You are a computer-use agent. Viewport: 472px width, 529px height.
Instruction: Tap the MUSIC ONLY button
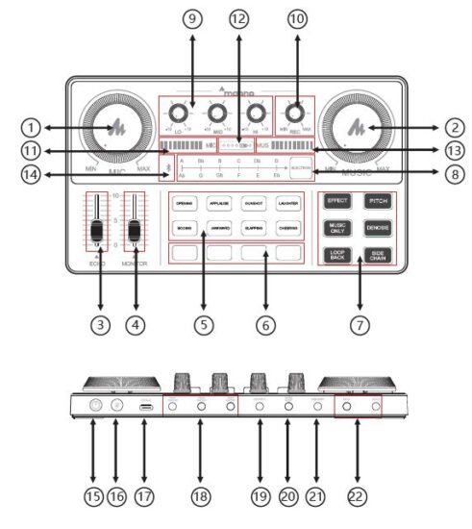point(337,228)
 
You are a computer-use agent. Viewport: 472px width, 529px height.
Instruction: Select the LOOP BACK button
point(337,256)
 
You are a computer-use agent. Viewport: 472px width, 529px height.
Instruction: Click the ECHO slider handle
point(95,232)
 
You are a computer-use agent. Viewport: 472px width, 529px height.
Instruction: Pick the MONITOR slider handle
point(136,232)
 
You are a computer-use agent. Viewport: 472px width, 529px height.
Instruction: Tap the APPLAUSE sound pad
point(219,204)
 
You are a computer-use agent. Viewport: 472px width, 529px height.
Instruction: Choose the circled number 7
point(358,324)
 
